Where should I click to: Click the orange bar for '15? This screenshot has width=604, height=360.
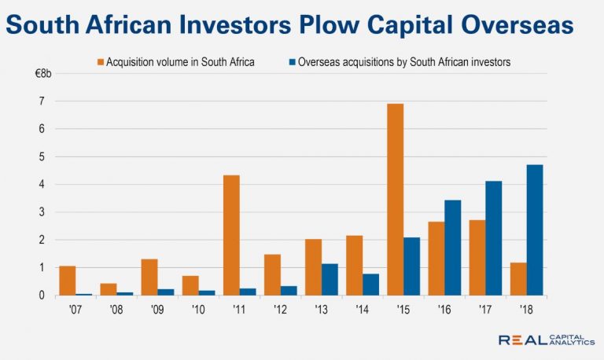(x=395, y=200)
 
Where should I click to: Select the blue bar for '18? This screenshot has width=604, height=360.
(x=534, y=230)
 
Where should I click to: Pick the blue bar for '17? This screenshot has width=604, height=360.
(x=493, y=238)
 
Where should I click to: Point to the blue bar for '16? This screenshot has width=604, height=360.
(x=452, y=248)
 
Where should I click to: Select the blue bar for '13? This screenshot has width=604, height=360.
(x=330, y=279)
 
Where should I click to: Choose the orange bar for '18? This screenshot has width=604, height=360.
(x=517, y=279)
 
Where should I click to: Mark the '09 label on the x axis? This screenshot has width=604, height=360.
(x=157, y=310)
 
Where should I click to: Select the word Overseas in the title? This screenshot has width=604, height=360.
(x=510, y=26)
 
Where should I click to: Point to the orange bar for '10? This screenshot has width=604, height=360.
(x=190, y=285)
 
